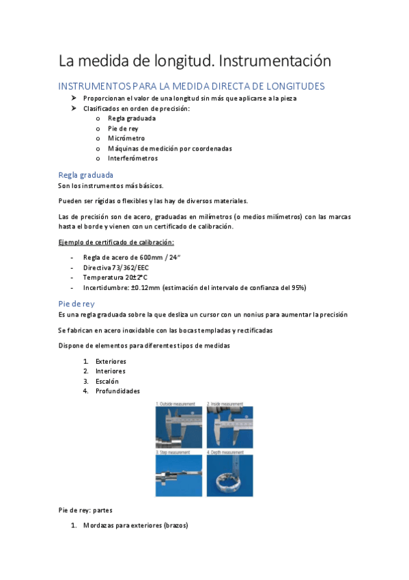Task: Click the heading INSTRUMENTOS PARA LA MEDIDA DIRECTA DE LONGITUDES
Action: pyautogui.click(x=191, y=86)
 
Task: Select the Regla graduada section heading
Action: pyautogui.click(x=86, y=175)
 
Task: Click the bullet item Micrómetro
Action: pyautogui.click(x=126, y=138)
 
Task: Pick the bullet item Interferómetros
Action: pyautogui.click(x=132, y=158)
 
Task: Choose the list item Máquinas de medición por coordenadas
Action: pyautogui.click(x=169, y=148)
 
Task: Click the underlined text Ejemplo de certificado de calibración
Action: pyautogui.click(x=115, y=242)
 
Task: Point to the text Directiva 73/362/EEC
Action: pyautogui.click(x=115, y=267)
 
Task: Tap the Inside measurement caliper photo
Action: pyautogui.click(x=229, y=427)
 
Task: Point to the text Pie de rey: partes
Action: pyautogui.click(x=86, y=510)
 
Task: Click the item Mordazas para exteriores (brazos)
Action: pyautogui.click(x=135, y=526)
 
